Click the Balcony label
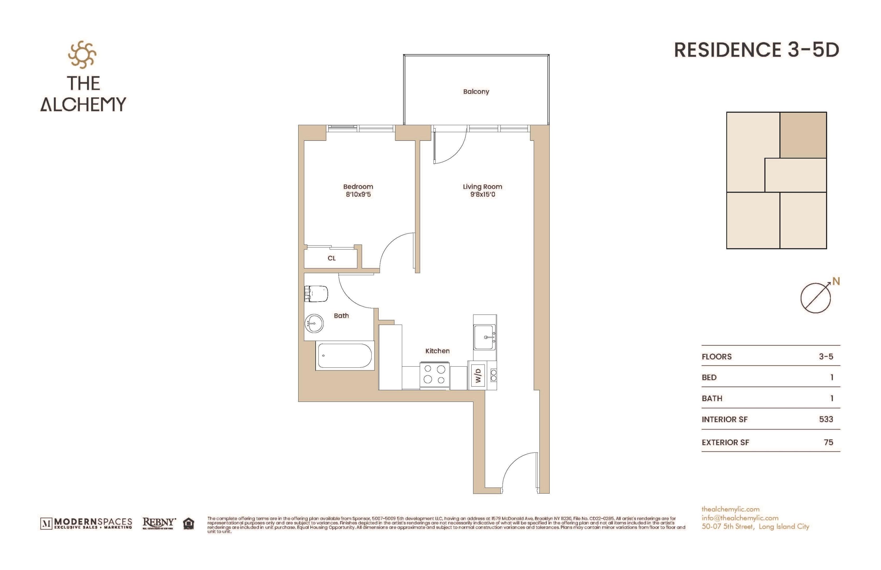pyautogui.click(x=476, y=91)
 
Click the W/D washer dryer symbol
pyautogui.click(x=478, y=375)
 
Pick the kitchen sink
pyautogui.click(x=485, y=337)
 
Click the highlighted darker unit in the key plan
pyautogui.click(x=803, y=135)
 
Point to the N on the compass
pyautogui.click(x=836, y=282)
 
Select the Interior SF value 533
pyautogui.click(x=826, y=419)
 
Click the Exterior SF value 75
pyautogui.click(x=828, y=442)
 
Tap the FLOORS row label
pyautogui.click(x=716, y=357)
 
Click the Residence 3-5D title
pyautogui.click(x=756, y=50)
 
